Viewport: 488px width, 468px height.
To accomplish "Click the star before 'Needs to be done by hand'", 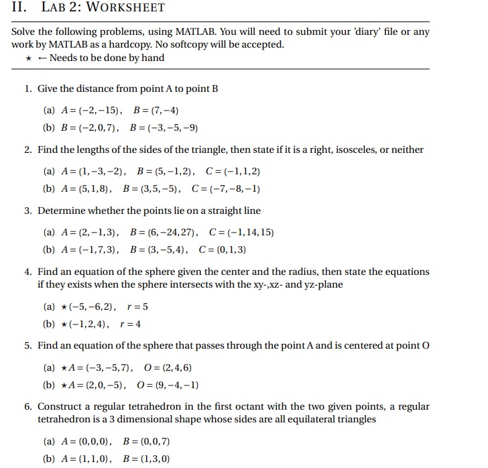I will pos(29,58).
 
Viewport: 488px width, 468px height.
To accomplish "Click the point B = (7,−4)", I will pos(156,110).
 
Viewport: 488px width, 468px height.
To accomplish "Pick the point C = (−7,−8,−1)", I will pos(227,188).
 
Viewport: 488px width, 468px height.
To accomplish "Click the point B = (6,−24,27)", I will pos(164,233).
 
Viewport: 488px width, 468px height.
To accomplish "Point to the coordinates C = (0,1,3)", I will pos(223,250).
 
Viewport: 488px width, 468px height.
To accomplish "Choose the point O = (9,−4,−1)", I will pos(167,386).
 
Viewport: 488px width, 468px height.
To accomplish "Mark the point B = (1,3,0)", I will pos(147,459).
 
